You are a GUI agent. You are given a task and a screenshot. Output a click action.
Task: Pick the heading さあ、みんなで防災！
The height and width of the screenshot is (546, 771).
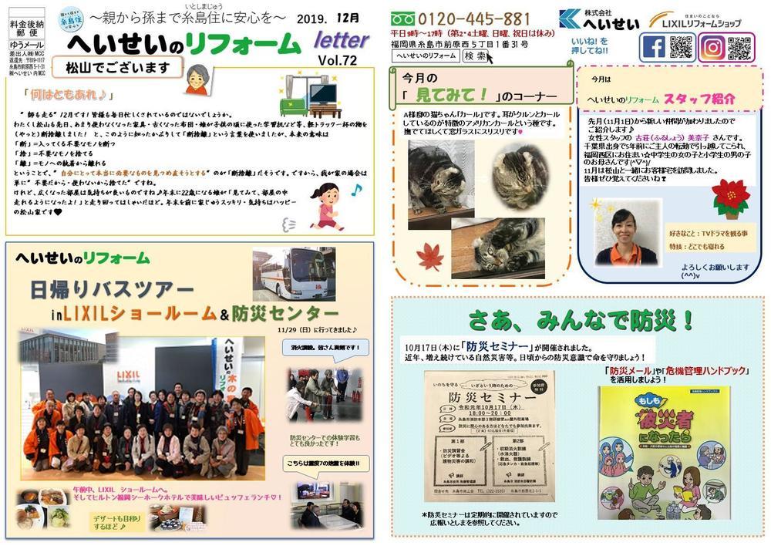tap(581, 318)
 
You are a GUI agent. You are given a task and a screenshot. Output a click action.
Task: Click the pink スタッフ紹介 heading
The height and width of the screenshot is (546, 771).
tap(699, 99)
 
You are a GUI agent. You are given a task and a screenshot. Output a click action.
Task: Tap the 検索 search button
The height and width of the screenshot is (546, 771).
tap(475, 56)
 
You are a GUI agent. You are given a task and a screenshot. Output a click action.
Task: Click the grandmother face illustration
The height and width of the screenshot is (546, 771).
tap(196, 77)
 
